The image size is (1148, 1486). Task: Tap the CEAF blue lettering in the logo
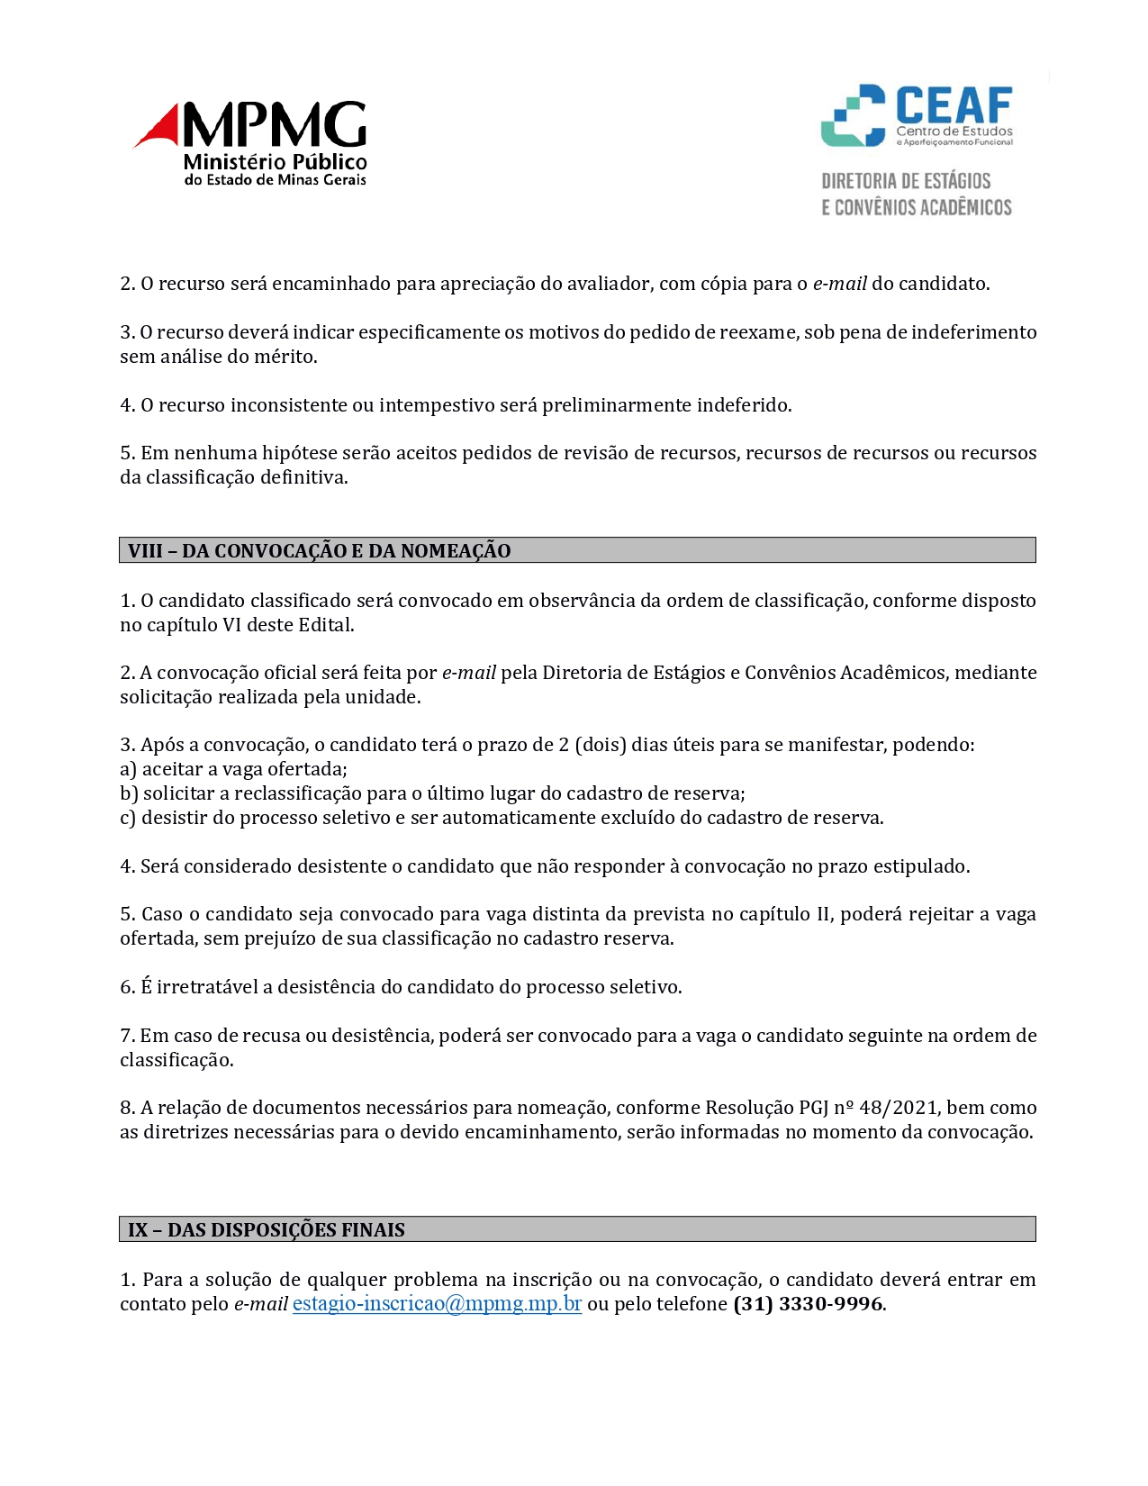(x=954, y=105)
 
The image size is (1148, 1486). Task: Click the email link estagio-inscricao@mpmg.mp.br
(x=437, y=1304)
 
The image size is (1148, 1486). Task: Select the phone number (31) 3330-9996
(x=808, y=1304)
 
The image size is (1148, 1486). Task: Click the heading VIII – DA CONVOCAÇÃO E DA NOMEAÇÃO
(x=320, y=551)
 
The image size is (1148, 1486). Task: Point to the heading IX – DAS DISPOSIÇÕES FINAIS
(x=267, y=1230)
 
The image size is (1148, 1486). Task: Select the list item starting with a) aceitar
(x=234, y=769)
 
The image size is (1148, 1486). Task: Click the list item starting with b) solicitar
(x=432, y=793)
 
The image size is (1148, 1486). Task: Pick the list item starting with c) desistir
(x=502, y=818)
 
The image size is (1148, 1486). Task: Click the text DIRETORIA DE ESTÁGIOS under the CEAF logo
(x=906, y=181)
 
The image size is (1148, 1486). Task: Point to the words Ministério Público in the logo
(x=276, y=162)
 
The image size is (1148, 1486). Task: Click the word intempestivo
(x=436, y=405)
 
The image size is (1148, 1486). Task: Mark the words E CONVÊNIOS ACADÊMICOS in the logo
(x=917, y=208)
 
